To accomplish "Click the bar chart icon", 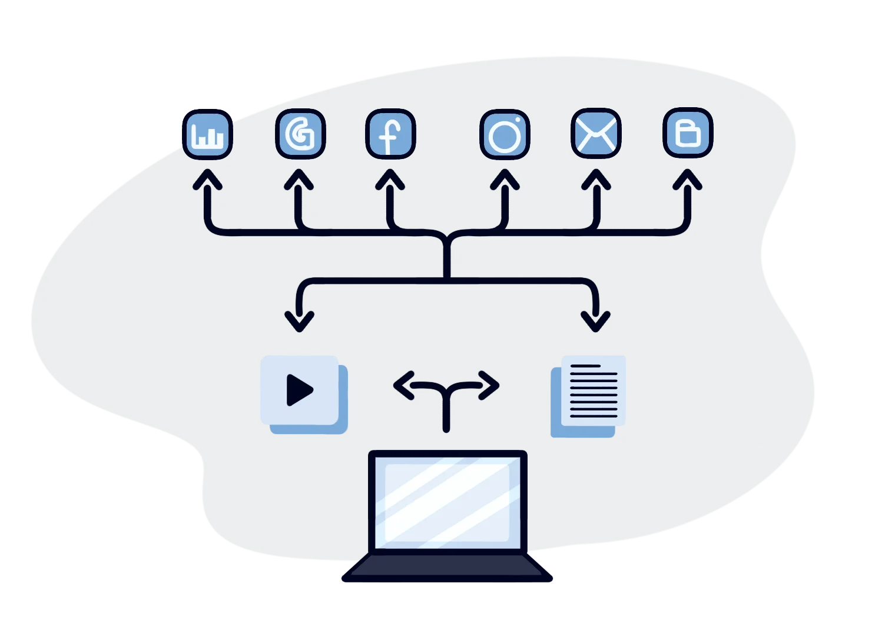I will click(207, 135).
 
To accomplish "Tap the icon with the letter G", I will click(300, 134).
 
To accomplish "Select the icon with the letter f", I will click(390, 134).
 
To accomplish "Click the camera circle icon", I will click(505, 135).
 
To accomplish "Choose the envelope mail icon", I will click(596, 134).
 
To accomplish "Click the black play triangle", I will click(299, 390).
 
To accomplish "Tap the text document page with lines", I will click(594, 390).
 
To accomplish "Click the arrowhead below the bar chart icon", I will click(207, 179).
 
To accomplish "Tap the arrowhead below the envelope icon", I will click(596, 179).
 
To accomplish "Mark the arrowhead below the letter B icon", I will click(687, 179).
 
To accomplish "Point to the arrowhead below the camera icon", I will click(505, 179).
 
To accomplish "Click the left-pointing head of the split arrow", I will click(403, 386).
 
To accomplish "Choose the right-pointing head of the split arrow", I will click(490, 386).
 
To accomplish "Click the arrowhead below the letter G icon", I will click(299, 179).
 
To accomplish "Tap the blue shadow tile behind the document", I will click(556, 430).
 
